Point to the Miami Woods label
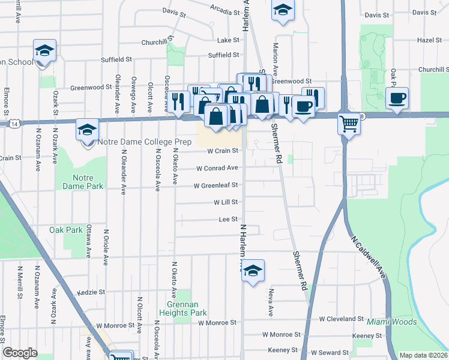[x=391, y=322]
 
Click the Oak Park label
[x=65, y=230]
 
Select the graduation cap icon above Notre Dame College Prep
[x=87, y=129]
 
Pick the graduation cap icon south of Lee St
[x=253, y=270]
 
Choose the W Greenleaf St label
[x=215, y=185]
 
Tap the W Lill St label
[x=226, y=203]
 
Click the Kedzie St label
[x=92, y=293]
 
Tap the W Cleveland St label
[x=342, y=319]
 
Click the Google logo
[x=20, y=353]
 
